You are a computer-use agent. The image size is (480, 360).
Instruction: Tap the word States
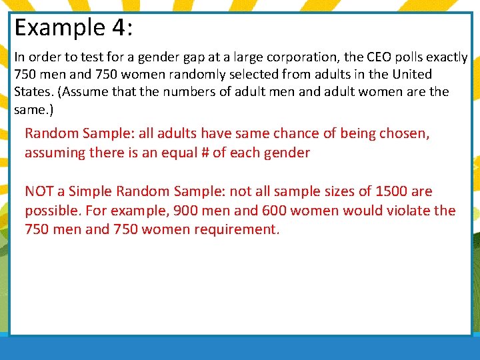click(x=31, y=91)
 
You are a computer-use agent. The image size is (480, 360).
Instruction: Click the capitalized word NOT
click(x=39, y=191)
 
